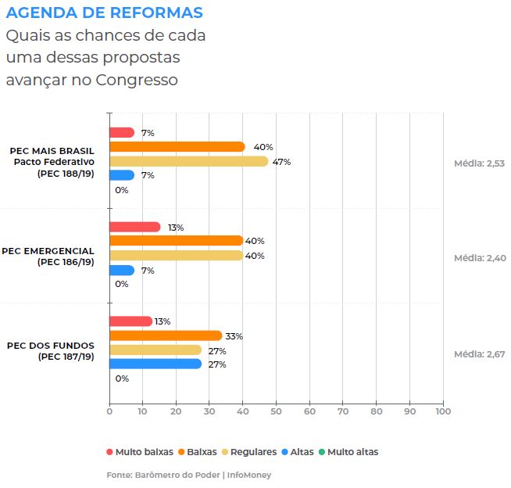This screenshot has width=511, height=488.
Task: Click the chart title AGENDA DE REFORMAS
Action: [104, 13]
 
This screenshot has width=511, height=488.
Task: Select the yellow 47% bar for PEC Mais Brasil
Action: [188, 161]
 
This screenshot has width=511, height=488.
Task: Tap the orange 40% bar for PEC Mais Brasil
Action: [177, 147]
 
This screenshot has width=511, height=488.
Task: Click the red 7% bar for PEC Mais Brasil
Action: [121, 133]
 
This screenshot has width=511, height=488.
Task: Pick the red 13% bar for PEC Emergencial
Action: [134, 227]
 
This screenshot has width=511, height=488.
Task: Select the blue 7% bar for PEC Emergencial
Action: [121, 270]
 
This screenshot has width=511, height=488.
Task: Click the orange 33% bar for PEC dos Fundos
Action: [165, 335]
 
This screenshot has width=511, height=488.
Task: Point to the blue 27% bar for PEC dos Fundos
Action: [155, 364]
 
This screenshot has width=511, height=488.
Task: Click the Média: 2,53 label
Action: [480, 163]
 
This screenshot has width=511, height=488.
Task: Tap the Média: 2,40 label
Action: [480, 257]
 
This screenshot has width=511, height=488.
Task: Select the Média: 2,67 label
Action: [480, 354]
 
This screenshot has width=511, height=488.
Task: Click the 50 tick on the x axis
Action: [276, 411]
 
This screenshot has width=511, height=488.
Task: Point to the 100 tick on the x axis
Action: [442, 411]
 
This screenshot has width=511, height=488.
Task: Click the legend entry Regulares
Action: [248, 452]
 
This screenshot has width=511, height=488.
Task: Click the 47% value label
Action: [281, 162]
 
